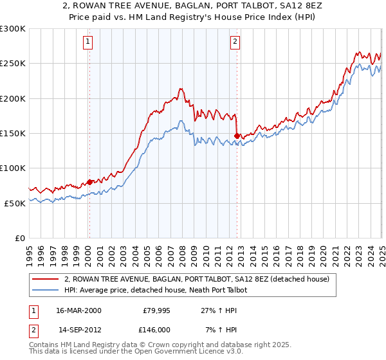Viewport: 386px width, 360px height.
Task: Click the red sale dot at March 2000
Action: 89,182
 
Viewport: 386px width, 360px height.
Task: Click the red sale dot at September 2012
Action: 237,136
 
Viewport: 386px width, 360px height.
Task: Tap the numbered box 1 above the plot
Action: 87,42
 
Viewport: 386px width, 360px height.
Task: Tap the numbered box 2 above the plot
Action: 235,42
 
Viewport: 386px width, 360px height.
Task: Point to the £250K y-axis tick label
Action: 13,64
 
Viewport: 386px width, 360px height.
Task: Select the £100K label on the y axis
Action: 13,168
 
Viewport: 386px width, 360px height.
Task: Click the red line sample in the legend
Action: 46,280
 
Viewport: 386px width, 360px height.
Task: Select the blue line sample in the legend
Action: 46,290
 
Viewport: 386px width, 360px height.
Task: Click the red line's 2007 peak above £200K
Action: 181,89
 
